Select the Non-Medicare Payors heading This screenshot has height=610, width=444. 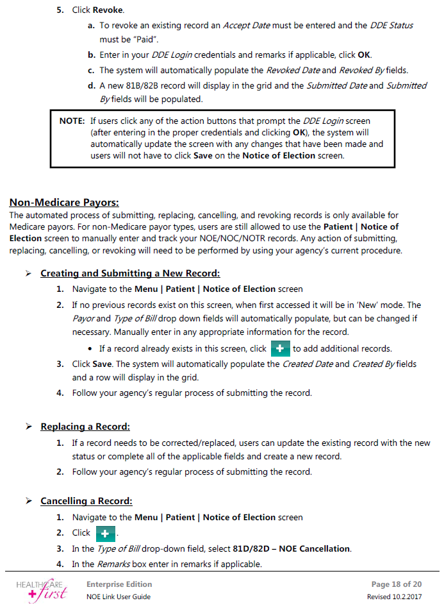pos(64,203)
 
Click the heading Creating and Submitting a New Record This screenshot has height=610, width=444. pos(130,273)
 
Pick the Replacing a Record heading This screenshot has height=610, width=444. pos(85,427)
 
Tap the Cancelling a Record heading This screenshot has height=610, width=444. pos(86,501)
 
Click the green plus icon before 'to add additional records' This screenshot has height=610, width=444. pos(280,348)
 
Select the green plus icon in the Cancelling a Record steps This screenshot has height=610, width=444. pos(105,533)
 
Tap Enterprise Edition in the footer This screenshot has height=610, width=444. pos(119,584)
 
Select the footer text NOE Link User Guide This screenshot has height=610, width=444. pos(119,597)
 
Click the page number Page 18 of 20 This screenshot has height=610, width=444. pos(396,584)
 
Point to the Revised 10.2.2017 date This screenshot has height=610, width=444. pos(394,597)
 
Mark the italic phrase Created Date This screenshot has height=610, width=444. pos(307,364)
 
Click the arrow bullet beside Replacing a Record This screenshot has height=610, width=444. pos(29,427)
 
